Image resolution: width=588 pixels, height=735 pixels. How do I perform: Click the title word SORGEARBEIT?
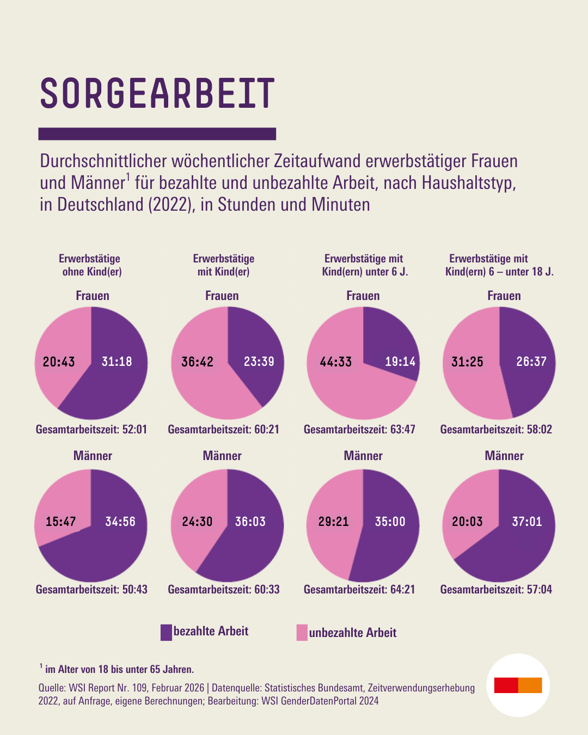pyautogui.click(x=157, y=94)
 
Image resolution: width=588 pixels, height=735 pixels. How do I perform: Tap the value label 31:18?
pyautogui.click(x=117, y=362)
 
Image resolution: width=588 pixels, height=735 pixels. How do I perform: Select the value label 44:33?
pyautogui.click(x=335, y=362)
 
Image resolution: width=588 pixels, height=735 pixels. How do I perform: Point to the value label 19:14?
pyautogui.click(x=400, y=362)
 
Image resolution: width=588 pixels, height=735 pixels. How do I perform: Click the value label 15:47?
pyautogui.click(x=60, y=522)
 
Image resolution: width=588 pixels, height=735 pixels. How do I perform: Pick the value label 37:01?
pyautogui.click(x=527, y=522)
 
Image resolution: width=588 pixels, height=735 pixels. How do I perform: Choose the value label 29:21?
pyautogui.click(x=333, y=522)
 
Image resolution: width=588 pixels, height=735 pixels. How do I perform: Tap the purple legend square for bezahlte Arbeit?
pyautogui.click(x=166, y=632)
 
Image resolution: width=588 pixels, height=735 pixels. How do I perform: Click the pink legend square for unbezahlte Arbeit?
pyautogui.click(x=302, y=633)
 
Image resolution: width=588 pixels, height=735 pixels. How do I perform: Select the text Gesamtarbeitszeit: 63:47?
pyautogui.click(x=359, y=430)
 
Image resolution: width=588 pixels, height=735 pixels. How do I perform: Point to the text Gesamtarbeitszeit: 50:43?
pyautogui.click(x=91, y=590)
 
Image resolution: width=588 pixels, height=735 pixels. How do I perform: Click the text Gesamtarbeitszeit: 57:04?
pyautogui.click(x=496, y=590)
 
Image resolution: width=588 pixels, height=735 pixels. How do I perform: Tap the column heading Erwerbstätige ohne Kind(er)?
pyautogui.click(x=90, y=265)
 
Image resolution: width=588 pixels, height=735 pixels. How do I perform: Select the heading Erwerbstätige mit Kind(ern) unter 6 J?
pyautogui.click(x=364, y=265)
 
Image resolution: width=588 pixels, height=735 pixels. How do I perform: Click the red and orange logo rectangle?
pyautogui.click(x=518, y=685)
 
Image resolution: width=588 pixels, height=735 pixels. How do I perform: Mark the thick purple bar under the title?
pyautogui.click(x=157, y=134)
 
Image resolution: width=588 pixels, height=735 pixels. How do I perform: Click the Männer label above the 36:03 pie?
pyautogui.click(x=222, y=456)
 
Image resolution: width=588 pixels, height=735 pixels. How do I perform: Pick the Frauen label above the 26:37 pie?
pyautogui.click(x=504, y=296)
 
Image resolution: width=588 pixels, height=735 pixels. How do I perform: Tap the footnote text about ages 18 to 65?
pyautogui.click(x=119, y=669)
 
